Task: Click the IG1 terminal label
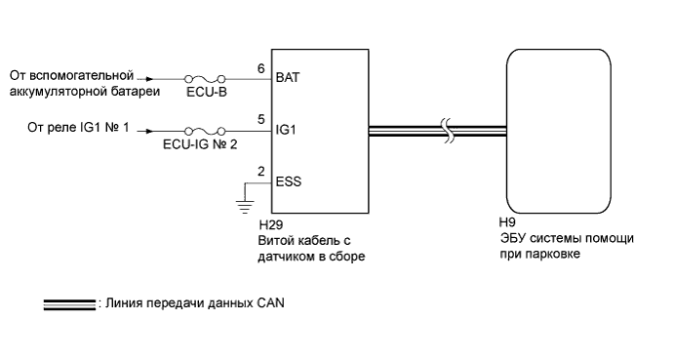(287, 129)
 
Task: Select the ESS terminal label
(290, 180)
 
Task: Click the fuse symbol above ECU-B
(206, 76)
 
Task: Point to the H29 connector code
(287, 224)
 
